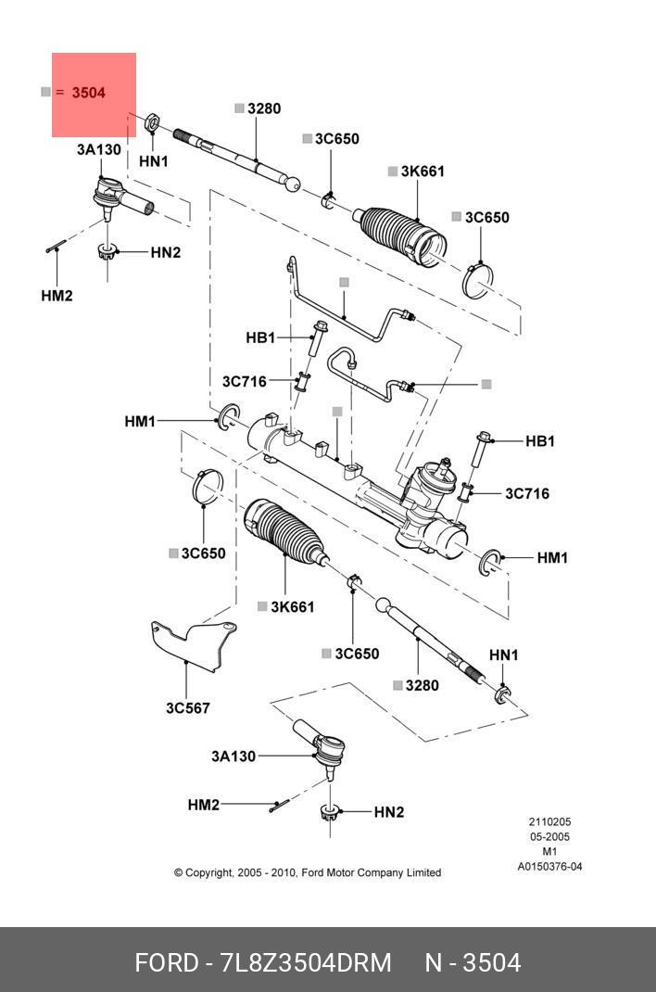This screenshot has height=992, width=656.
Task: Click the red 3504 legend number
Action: click(x=88, y=93)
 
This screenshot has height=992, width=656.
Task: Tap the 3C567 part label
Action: click(x=188, y=708)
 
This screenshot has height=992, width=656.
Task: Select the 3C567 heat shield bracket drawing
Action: click(x=194, y=645)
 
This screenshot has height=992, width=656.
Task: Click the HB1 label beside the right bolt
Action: click(x=539, y=441)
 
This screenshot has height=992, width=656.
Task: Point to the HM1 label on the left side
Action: click(x=140, y=421)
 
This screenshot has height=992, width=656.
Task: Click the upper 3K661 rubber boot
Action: click(x=400, y=236)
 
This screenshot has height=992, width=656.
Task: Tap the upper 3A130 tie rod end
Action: click(x=121, y=199)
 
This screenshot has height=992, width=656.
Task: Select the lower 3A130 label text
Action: click(x=233, y=756)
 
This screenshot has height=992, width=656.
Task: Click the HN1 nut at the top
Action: click(x=152, y=121)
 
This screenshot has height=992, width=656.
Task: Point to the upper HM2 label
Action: click(x=57, y=296)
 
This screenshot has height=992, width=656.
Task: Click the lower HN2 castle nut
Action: click(x=329, y=812)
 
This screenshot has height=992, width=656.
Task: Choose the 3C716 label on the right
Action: click(x=527, y=493)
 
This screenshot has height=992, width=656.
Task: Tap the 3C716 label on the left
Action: click(x=244, y=381)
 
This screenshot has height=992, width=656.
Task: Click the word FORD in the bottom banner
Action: click(x=166, y=963)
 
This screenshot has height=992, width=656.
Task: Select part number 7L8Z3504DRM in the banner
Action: click(x=306, y=963)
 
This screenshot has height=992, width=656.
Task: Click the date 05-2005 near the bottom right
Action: click(x=549, y=836)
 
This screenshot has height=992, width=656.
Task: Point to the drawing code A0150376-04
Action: click(x=549, y=867)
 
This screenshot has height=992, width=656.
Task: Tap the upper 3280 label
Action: click(x=264, y=108)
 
